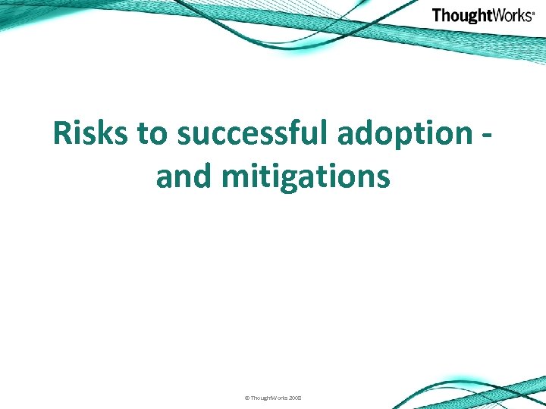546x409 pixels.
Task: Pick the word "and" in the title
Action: (185, 176)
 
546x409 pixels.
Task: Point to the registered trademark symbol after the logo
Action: (534, 12)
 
